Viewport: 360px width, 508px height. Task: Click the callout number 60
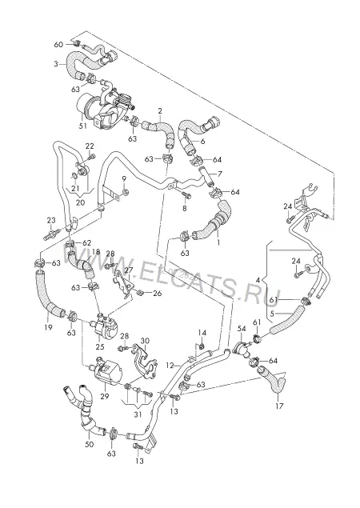(58, 44)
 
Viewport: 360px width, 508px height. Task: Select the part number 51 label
(83, 126)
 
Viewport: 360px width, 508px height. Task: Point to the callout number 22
(90, 146)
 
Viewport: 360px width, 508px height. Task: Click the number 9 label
(124, 179)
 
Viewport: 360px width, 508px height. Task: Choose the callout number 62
(87, 242)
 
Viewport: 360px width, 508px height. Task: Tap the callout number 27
(129, 270)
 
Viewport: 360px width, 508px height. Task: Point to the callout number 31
(138, 414)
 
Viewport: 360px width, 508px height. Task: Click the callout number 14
(202, 333)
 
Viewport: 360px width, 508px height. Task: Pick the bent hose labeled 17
(273, 381)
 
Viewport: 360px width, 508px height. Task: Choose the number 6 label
(203, 142)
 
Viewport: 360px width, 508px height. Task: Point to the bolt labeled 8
(186, 196)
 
